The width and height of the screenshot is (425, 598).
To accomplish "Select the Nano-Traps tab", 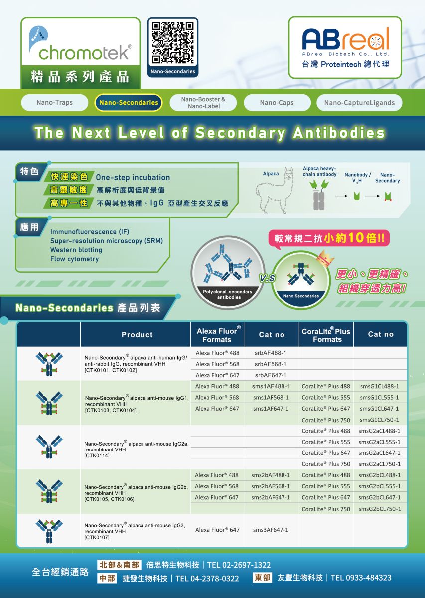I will [x=54, y=103].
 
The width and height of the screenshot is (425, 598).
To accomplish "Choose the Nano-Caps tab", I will [x=277, y=103].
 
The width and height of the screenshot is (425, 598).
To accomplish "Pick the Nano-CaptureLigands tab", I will [x=359, y=103].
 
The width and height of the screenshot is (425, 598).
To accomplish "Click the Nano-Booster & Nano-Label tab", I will [x=203, y=103].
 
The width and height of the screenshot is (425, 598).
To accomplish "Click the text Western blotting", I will [x=76, y=250].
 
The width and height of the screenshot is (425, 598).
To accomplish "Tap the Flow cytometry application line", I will [x=74, y=259].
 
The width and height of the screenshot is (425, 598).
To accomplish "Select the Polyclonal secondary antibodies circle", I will [x=228, y=272].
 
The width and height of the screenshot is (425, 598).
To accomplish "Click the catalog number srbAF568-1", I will [x=271, y=364].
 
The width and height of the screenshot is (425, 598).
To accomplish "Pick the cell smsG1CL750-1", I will [x=379, y=420].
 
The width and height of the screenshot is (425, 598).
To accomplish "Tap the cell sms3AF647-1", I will [x=271, y=530].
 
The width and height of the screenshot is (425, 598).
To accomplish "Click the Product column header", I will [x=137, y=335].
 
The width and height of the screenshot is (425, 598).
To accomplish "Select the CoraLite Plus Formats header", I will [x=326, y=335].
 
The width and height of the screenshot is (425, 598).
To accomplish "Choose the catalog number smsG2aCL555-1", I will [x=379, y=442].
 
